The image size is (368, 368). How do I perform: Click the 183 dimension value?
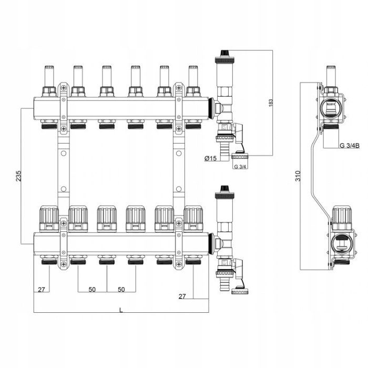coord(270,103)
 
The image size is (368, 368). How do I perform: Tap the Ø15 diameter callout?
coord(210,159)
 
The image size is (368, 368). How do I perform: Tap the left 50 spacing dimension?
coord(92,290)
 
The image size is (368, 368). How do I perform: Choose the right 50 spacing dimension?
coord(121,290)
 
